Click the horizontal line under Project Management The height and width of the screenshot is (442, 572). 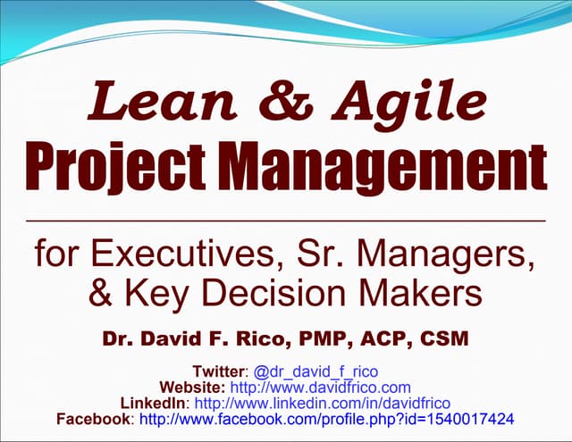coord(286,219)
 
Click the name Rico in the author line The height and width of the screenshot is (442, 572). coord(279,341)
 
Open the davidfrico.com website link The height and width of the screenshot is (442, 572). coord(321,388)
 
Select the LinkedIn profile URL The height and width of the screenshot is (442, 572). coord(322,404)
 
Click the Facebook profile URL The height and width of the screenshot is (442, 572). coord(328,420)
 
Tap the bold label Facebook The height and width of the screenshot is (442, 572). coord(93,420)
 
